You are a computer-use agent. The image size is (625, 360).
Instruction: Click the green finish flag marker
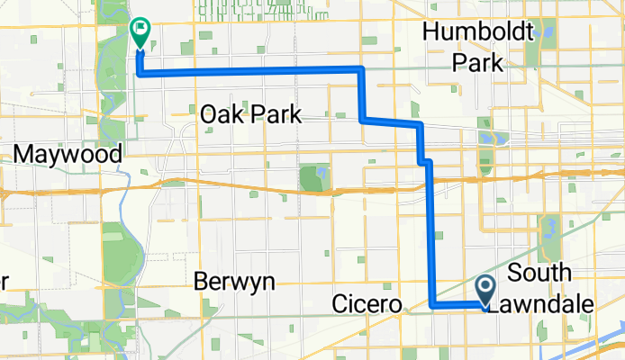coord(140,31)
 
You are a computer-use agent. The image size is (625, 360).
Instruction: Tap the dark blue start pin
coord(485,291)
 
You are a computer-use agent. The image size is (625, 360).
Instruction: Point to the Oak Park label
coord(249,114)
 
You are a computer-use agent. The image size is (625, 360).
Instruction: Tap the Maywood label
coord(68,155)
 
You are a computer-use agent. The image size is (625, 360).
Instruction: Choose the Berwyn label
coord(234,282)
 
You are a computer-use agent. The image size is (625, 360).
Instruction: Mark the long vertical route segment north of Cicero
coord(430,234)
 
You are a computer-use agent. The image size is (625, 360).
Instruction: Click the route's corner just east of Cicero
coord(431,306)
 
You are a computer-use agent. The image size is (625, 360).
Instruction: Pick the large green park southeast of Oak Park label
coord(313,177)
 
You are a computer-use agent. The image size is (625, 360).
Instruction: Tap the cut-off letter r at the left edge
coord(4,283)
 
